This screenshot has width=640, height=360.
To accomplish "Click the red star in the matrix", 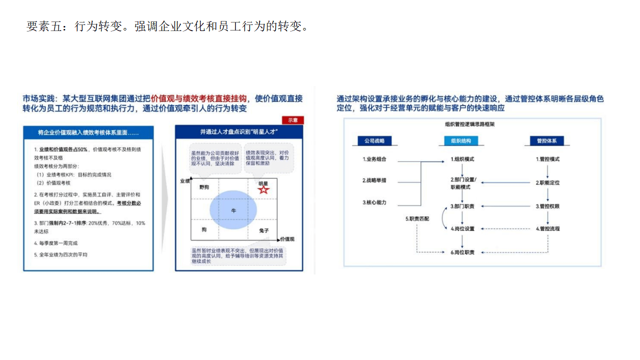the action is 264,189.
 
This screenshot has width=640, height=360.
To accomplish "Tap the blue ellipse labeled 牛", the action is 233,211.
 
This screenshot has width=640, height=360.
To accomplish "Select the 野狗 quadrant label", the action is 204,187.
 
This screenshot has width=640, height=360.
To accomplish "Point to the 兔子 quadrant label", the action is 264,230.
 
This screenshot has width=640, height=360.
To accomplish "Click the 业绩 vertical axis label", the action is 184,181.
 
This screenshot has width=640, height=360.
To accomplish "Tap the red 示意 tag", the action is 293,120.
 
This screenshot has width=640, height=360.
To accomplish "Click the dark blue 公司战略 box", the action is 375,141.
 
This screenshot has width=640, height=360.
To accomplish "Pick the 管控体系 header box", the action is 547,141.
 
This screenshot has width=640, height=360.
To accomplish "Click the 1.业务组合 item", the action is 374,159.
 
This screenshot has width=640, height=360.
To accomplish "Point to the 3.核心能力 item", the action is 374,202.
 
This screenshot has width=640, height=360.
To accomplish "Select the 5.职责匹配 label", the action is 417,218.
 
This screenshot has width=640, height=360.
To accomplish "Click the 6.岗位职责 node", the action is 462,252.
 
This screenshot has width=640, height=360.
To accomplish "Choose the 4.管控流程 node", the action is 547,228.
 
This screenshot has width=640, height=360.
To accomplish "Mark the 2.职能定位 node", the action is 547,182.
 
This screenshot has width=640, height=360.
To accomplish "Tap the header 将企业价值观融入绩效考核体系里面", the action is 88,133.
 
